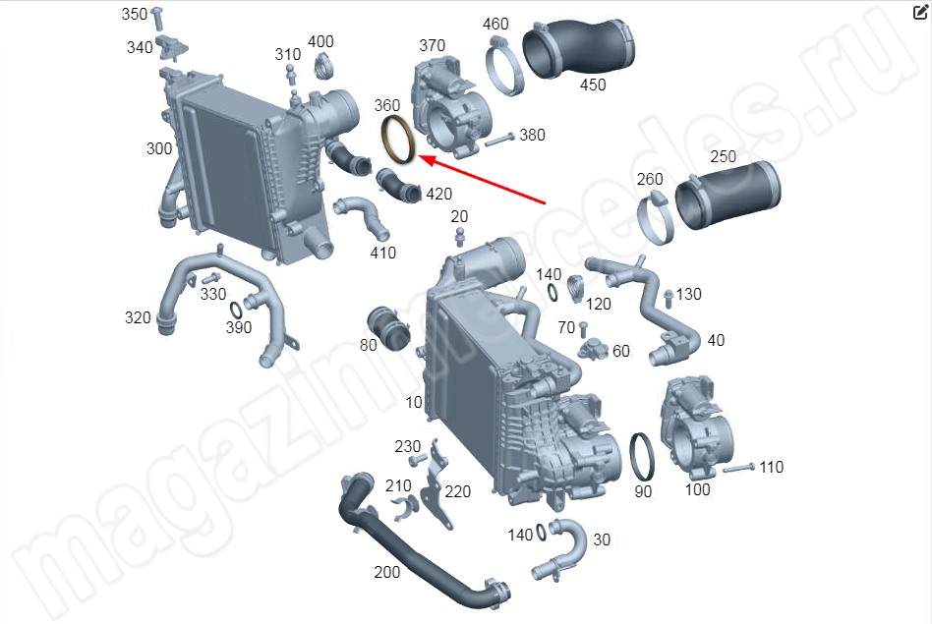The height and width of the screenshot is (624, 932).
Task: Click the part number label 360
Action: [387, 105]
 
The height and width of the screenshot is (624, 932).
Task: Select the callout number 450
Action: [593, 85]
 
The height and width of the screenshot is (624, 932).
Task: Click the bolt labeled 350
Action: [157, 19]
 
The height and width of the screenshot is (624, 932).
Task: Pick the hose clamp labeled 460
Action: [504, 66]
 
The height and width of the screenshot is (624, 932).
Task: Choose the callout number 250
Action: [723, 156]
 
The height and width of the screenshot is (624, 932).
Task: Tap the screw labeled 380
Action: [499, 140]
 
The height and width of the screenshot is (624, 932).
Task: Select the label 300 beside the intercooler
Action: [159, 148]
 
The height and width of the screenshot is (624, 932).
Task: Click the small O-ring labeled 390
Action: [235, 310]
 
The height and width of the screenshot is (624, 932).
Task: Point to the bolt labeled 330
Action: [211, 278]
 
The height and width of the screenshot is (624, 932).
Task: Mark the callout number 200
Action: [387, 572]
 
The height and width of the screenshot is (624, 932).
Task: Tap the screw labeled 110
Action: [739, 469]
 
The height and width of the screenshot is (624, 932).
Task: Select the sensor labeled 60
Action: [594, 349]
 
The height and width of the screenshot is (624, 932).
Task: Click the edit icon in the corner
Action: [920, 12]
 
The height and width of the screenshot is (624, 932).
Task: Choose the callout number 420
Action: [438, 194]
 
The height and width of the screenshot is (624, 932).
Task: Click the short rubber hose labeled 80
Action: [388, 327]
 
